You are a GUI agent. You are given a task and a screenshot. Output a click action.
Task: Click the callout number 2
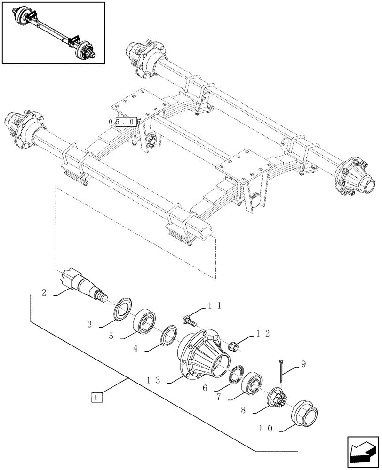point(44,293)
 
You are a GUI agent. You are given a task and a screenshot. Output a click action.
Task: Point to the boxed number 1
point(97,398)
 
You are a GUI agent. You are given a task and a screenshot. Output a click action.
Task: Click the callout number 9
point(303,363)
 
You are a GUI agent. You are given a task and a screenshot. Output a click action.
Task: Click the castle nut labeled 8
point(276,399)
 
